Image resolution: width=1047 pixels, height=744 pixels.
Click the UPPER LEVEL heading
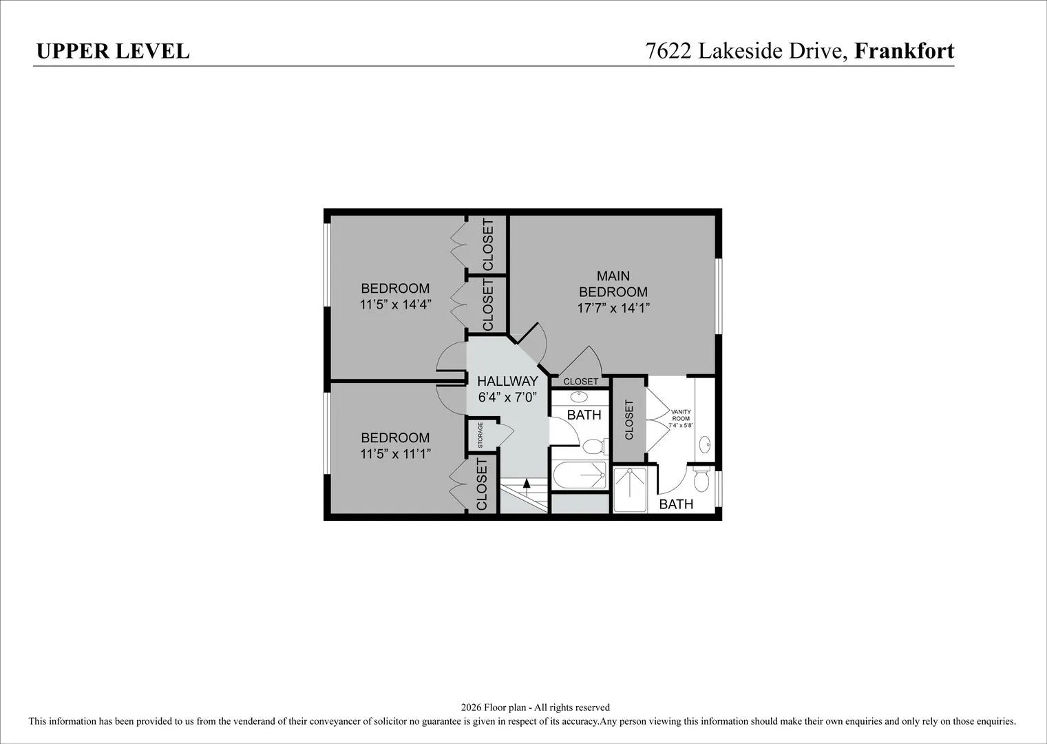[x=113, y=51]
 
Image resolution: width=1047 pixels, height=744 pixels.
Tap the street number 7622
[x=668, y=51]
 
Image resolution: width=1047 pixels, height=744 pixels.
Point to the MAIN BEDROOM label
[x=613, y=284]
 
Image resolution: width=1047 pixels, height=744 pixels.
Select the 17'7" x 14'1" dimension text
[x=614, y=308]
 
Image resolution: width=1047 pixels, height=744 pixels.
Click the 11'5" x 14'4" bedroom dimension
[x=395, y=304]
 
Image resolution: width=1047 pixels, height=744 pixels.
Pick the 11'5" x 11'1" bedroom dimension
[x=395, y=453]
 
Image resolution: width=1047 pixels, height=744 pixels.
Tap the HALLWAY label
[x=507, y=381]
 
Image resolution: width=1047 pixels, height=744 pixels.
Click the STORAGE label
[x=480, y=435]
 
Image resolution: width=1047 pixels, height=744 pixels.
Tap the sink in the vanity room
[x=706, y=442]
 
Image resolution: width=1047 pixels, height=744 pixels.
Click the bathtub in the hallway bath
[x=580, y=475]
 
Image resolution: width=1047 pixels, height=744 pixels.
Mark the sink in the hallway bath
[x=579, y=397]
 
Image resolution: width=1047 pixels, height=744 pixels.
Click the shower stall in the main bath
[x=630, y=489]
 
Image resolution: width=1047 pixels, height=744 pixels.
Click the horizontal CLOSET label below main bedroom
[x=580, y=382]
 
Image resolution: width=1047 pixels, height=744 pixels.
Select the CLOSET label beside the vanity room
[x=629, y=420]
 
